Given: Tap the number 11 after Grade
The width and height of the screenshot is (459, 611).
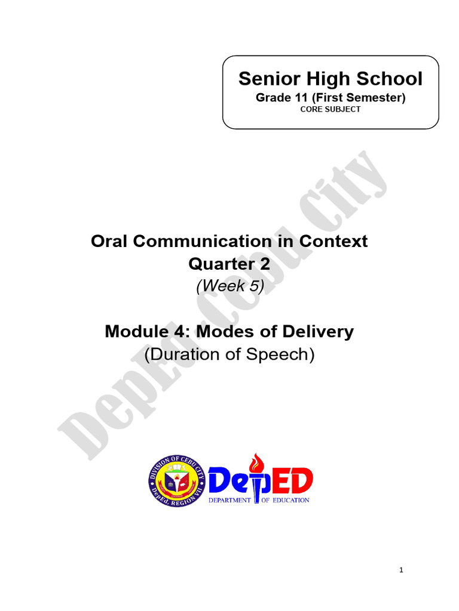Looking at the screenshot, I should click(x=297, y=98).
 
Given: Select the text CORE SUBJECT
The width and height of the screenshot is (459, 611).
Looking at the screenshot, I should click(x=331, y=110).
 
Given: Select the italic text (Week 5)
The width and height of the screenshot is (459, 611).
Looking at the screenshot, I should click(x=229, y=286).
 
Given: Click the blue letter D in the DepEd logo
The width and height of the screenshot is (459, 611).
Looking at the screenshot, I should click(x=223, y=480).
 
